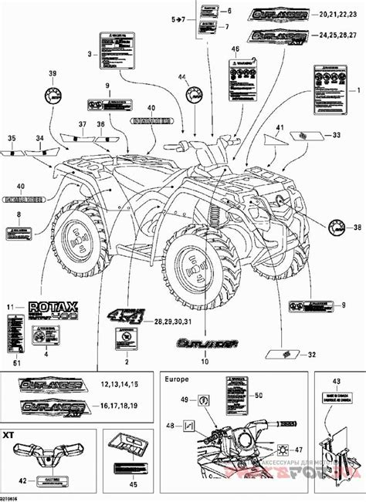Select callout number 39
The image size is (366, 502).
(53, 73)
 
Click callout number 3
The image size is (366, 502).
(90, 54)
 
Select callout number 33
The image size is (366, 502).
(336, 135)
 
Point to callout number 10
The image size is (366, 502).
(204, 361)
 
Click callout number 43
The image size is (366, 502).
(334, 381)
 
